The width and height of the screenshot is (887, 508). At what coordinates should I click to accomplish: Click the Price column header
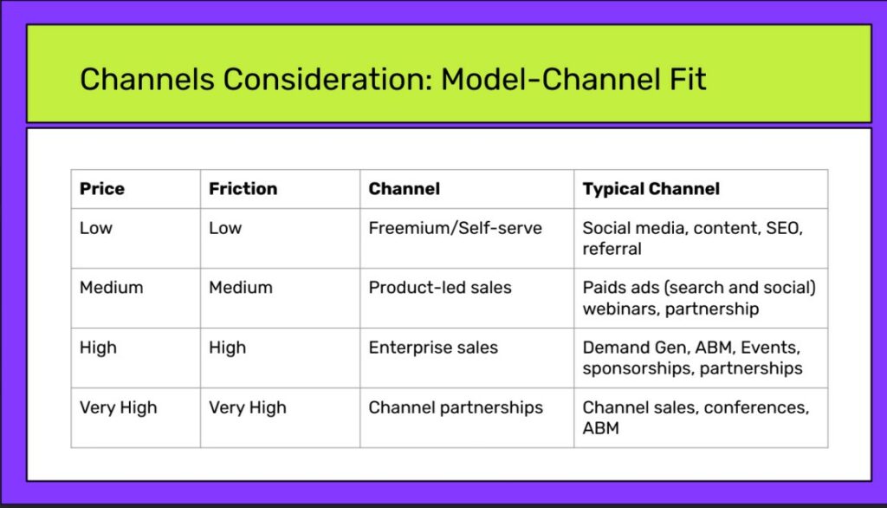click(102, 189)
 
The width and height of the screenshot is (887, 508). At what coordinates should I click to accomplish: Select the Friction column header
click(243, 189)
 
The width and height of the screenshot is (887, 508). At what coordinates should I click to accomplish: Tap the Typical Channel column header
click(651, 189)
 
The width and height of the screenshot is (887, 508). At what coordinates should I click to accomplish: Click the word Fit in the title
click(688, 79)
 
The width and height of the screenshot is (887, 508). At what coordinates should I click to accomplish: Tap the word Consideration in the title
click(327, 79)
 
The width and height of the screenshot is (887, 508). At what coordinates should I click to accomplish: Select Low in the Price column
click(96, 228)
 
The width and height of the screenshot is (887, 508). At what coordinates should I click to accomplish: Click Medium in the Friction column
click(241, 288)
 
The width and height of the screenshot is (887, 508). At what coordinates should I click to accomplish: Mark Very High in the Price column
click(118, 407)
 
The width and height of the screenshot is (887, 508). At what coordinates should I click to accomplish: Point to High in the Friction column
click(228, 348)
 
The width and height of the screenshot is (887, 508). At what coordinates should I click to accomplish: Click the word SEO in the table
click(784, 228)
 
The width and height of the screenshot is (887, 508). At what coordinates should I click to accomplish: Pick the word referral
click(612, 249)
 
